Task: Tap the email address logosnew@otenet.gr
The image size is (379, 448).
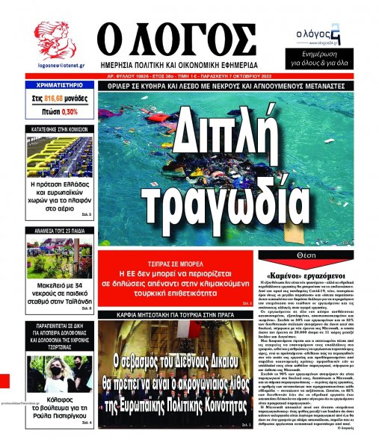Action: pos(55,66)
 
